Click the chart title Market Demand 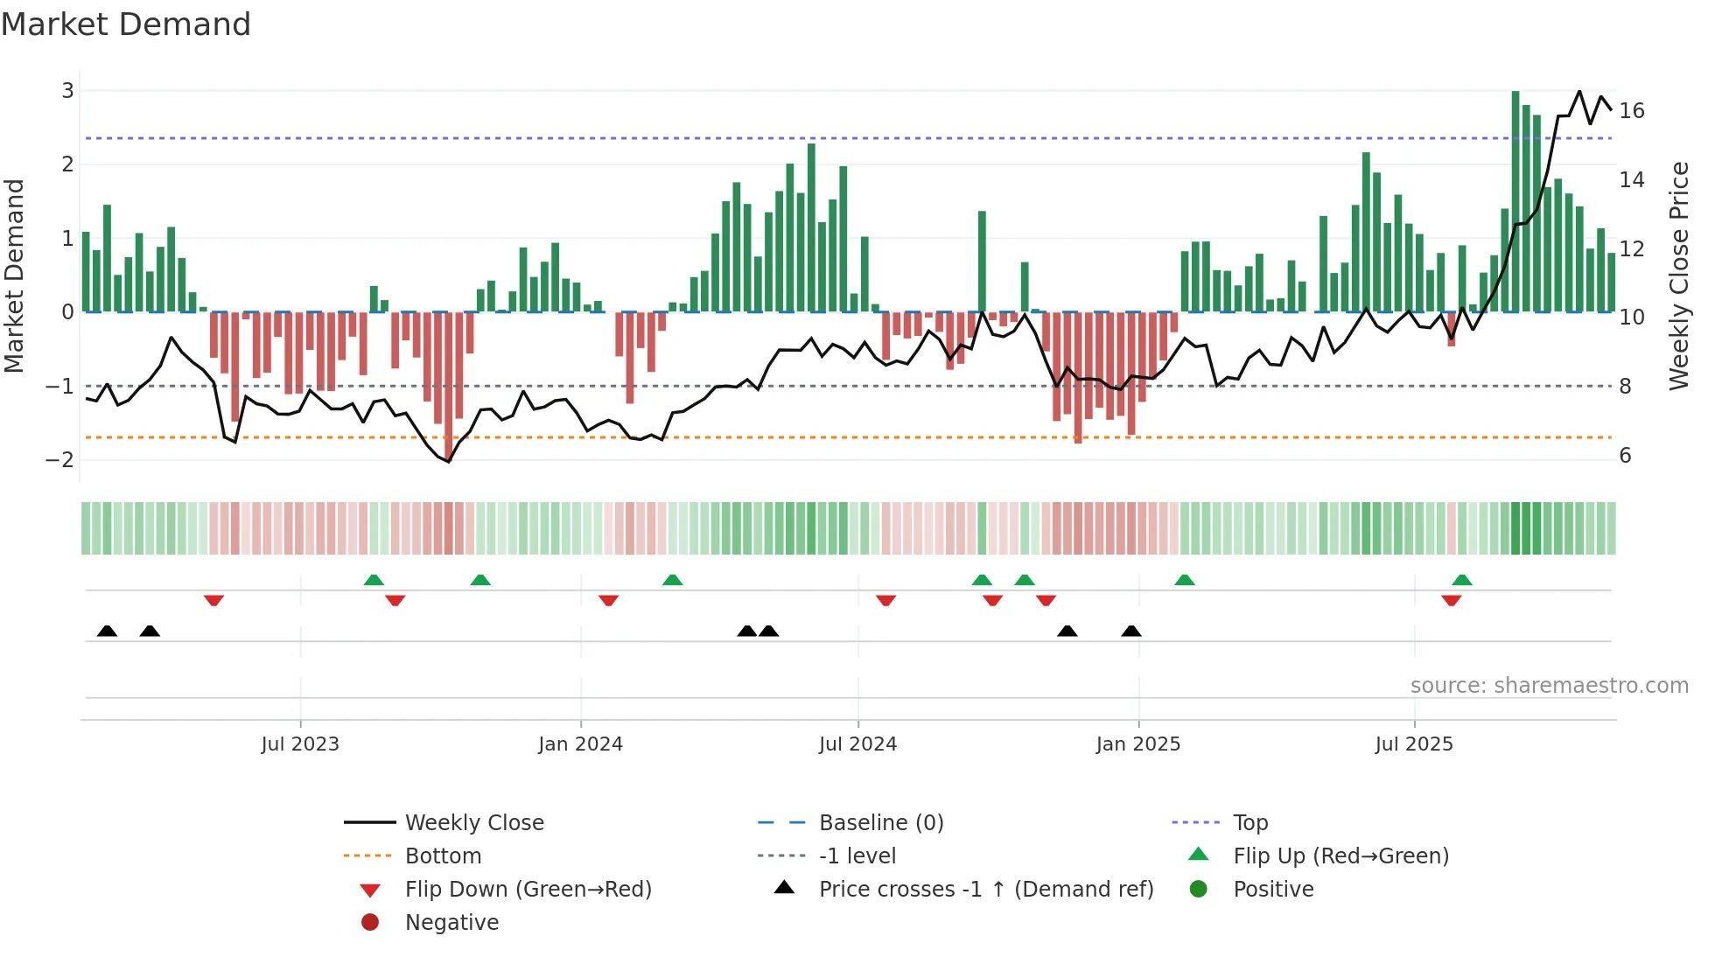click(x=126, y=24)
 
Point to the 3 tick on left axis click(x=67, y=90)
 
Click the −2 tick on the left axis click(x=60, y=460)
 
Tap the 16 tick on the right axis click(x=1632, y=111)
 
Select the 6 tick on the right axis click(x=1625, y=455)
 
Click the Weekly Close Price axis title click(x=1678, y=276)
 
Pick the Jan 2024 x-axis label click(x=580, y=744)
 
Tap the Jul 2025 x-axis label click(x=1413, y=744)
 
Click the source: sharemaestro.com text click(x=1549, y=686)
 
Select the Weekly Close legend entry click(x=473, y=823)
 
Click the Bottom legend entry click(x=443, y=856)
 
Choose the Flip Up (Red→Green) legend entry click(x=1340, y=856)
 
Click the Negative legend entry click(x=451, y=923)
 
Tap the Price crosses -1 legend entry click(x=985, y=890)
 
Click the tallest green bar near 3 click(x=1515, y=201)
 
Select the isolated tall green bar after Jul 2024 click(x=982, y=261)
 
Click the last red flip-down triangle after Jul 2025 click(x=1452, y=600)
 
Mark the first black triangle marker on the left click(x=107, y=631)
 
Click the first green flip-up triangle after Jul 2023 click(x=374, y=580)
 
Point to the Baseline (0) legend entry click(x=880, y=823)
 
